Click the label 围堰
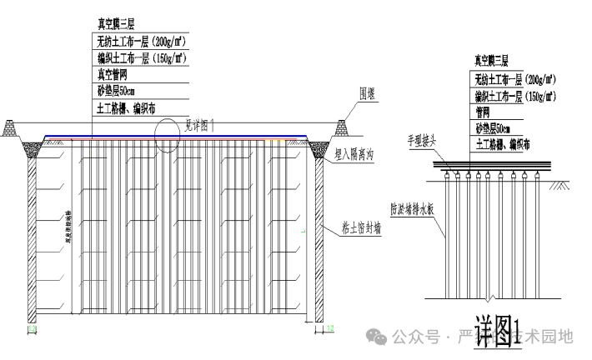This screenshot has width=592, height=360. [x=368, y=93]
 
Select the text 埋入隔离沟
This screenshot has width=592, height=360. [x=354, y=155]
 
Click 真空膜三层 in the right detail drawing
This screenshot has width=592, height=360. [x=492, y=61]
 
